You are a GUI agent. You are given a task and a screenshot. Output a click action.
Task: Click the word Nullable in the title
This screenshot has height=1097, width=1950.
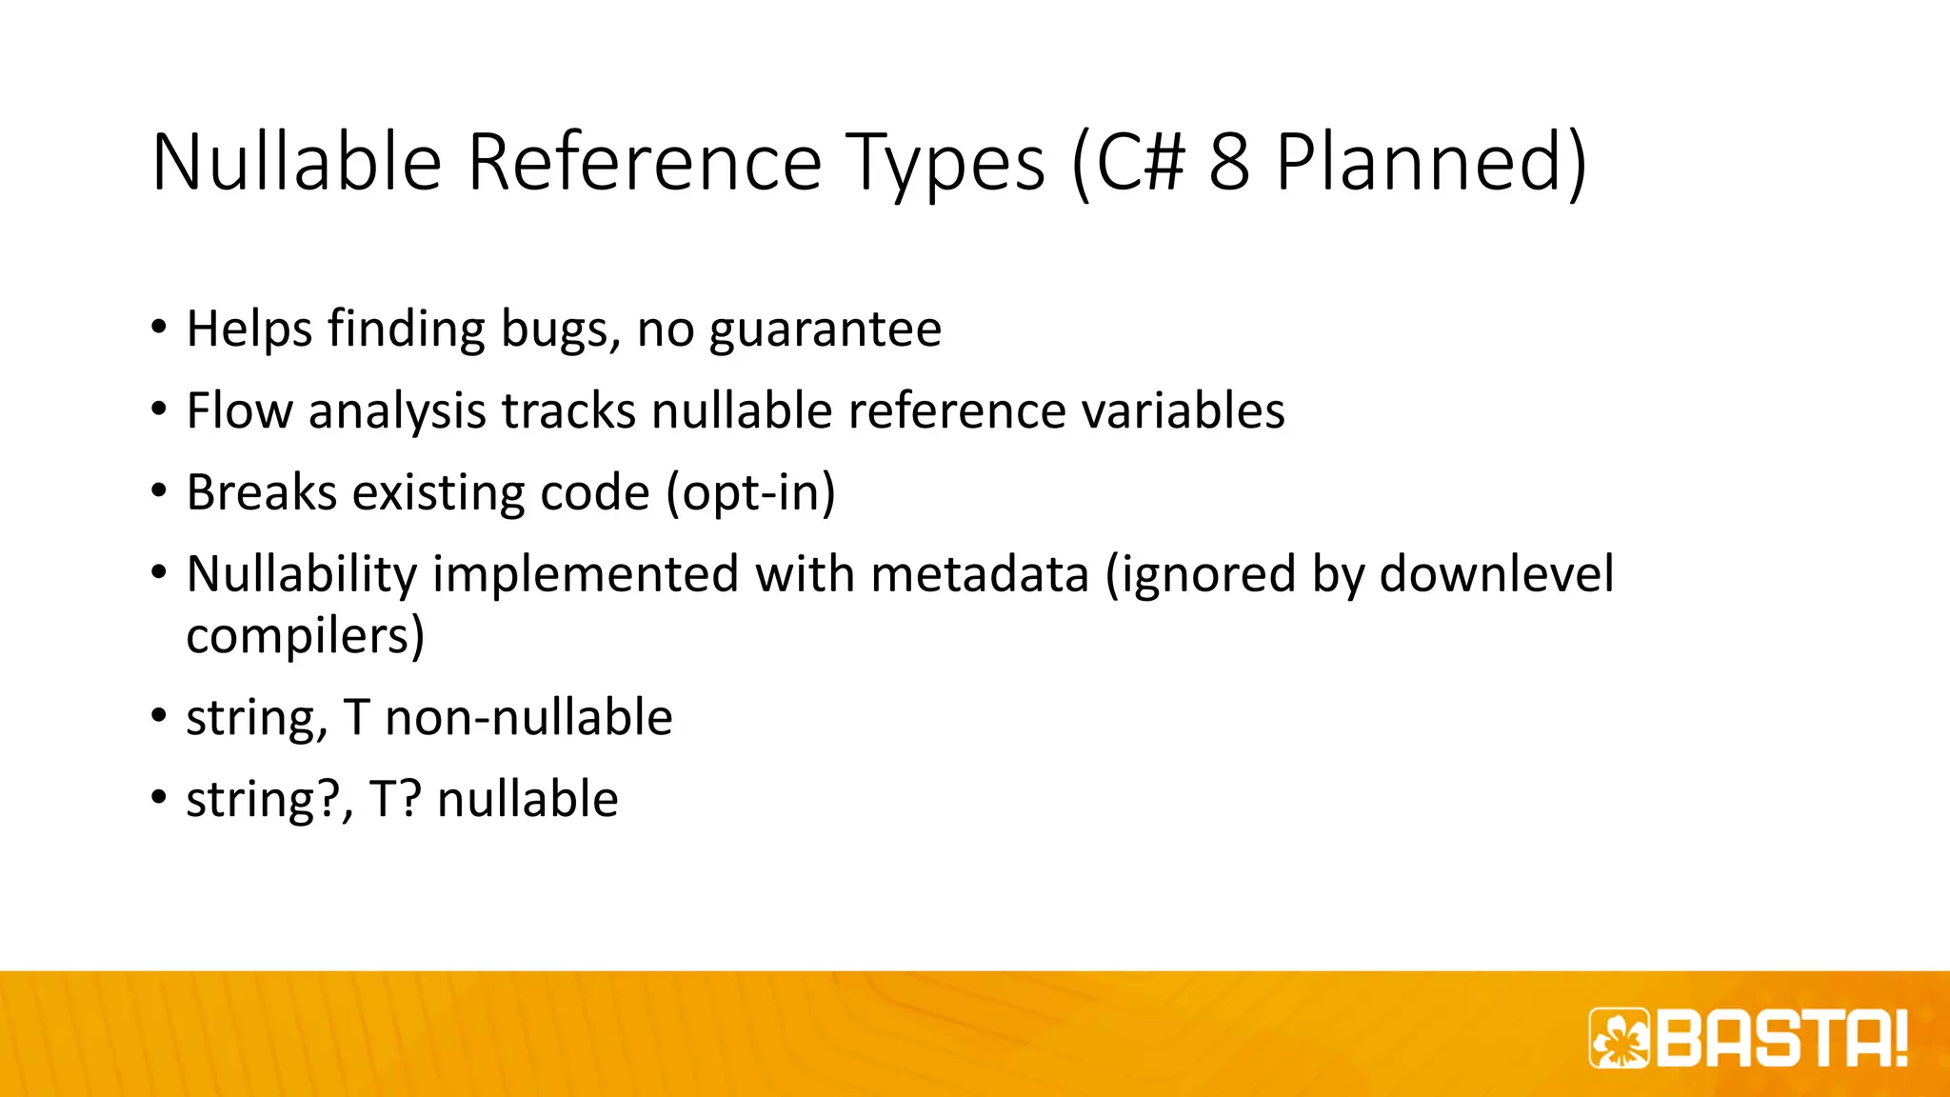click(296, 162)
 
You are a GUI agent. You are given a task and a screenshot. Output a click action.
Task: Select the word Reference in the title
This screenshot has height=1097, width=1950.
click(644, 162)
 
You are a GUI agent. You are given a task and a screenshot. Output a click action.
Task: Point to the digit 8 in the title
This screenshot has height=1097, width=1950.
click(1229, 162)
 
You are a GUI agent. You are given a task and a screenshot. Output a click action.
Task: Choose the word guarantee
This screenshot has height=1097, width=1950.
click(825, 329)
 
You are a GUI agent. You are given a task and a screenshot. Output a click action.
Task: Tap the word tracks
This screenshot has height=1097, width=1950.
click(568, 411)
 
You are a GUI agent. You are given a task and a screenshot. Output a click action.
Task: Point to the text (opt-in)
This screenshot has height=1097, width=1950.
click(750, 493)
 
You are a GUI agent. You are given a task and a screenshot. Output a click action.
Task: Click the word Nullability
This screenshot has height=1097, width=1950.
click(302, 575)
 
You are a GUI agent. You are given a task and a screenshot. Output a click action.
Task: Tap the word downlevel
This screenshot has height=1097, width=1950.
click(1497, 575)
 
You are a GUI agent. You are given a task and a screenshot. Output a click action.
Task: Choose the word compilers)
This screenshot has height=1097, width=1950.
click(305, 636)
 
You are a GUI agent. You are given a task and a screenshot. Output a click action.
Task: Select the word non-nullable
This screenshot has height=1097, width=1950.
click(528, 718)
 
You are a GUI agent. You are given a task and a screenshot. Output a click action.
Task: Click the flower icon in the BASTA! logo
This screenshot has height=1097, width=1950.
click(1620, 1038)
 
